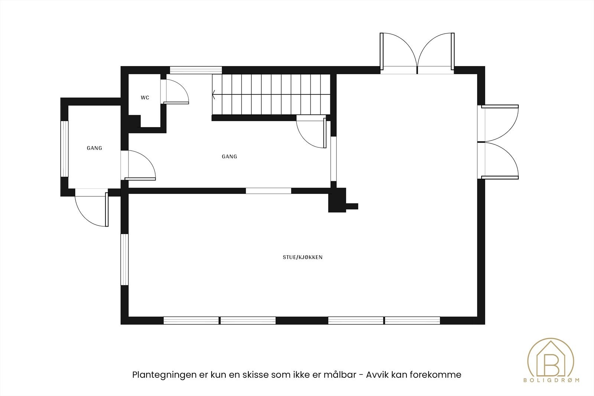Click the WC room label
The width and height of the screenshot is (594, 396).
click(145, 98)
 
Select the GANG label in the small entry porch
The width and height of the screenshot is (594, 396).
click(94, 148)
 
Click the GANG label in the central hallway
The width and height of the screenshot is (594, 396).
click(229, 157)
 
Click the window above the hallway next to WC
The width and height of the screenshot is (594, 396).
click(196, 70)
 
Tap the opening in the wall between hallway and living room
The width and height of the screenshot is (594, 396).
click(268, 191)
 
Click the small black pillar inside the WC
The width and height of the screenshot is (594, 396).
click(134, 121)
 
